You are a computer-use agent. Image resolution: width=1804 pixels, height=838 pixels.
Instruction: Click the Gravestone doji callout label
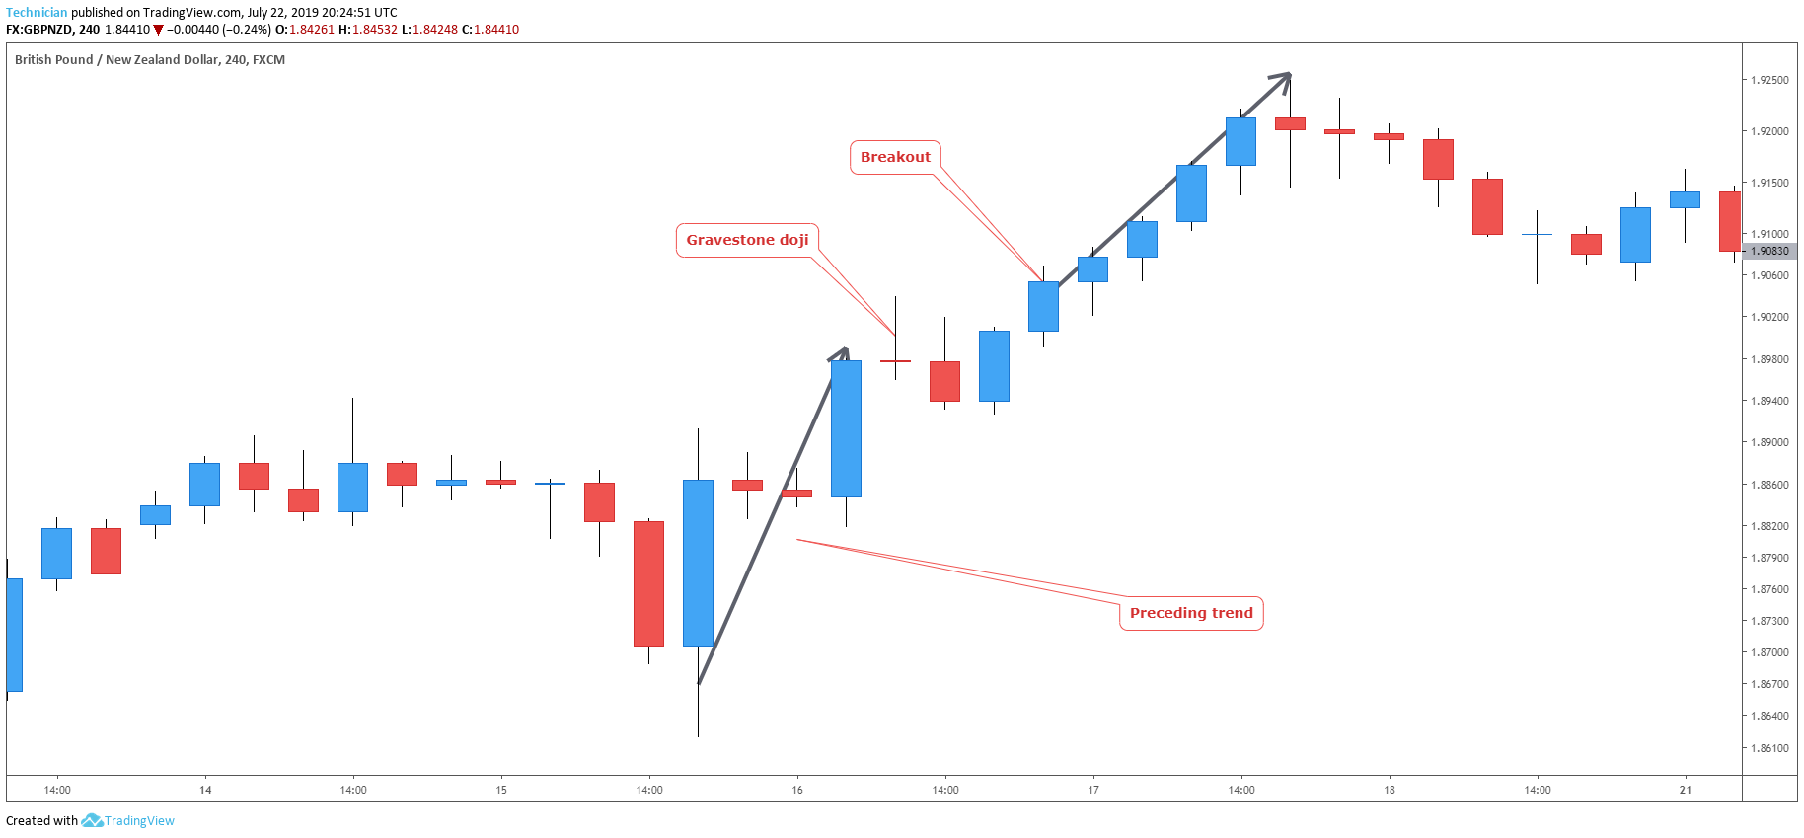747,240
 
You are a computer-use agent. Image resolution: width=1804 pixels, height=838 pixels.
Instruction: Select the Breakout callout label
895,157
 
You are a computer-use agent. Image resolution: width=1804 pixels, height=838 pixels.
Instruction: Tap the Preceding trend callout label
1191,613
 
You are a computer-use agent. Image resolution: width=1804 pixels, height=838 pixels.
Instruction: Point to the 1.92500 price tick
1769,80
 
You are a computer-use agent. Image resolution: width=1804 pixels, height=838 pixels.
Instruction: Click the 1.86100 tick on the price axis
1769,748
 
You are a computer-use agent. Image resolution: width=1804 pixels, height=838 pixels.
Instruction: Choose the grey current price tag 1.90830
1769,251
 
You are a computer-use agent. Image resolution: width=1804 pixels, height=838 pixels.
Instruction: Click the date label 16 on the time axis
797,790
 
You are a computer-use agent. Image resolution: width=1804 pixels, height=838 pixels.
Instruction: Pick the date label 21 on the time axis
1686,790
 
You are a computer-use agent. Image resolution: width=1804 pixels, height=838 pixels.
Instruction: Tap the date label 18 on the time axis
1390,790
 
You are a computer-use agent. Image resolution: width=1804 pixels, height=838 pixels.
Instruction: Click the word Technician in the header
37,13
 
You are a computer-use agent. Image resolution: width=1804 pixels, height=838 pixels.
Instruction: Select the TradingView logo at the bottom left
128,821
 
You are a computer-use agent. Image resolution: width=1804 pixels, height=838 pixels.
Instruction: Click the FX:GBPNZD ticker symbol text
38,30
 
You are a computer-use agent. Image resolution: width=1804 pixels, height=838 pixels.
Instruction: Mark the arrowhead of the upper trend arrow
1286,76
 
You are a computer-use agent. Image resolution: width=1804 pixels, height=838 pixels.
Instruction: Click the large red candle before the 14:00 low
648,583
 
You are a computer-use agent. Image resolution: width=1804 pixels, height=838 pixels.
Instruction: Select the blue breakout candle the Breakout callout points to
1043,306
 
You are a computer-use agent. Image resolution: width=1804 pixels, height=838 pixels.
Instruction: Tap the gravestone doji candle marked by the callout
895,361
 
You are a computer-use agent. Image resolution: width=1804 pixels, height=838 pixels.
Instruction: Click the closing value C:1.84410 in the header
490,30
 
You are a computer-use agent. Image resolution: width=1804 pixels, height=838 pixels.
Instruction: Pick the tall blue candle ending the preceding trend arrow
846,428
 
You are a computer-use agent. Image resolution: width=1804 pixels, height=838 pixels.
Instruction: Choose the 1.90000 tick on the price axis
1769,234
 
